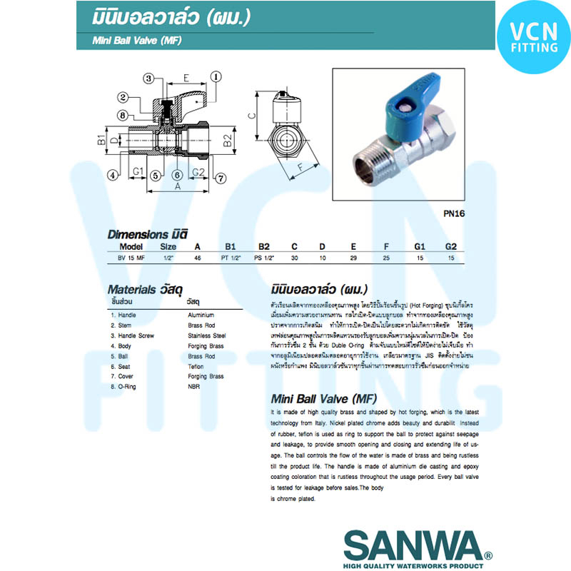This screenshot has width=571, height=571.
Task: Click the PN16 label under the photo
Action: (455, 213)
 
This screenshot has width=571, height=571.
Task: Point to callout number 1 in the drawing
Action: (216, 76)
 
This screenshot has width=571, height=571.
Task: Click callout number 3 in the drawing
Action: (149, 78)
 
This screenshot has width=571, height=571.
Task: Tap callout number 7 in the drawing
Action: (221, 178)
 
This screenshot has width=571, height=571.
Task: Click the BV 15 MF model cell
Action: (131, 258)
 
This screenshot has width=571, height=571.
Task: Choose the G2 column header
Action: (450, 246)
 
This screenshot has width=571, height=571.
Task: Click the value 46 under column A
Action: (198, 258)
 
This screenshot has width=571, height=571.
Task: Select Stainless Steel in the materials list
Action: (207, 335)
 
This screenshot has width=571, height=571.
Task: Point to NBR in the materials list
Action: (193, 387)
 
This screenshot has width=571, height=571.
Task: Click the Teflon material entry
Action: (196, 366)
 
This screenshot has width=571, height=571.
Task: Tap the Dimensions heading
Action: (147, 234)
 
